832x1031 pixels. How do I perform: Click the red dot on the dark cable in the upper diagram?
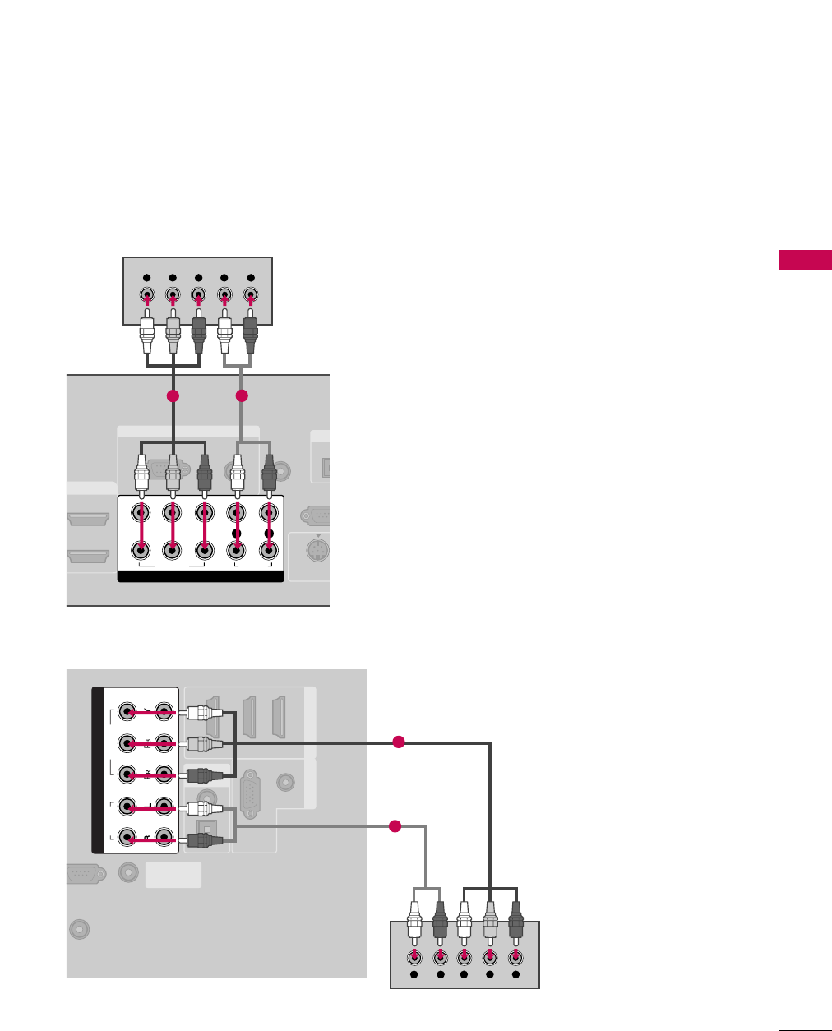coord(172,396)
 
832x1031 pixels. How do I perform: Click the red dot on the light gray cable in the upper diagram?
coord(241,396)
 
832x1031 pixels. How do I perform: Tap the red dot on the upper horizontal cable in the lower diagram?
coord(399,742)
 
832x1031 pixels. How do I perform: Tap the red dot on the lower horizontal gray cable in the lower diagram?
coord(394,825)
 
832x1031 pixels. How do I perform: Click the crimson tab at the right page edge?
coord(806,261)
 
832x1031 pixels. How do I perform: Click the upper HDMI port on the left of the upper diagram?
coord(87,519)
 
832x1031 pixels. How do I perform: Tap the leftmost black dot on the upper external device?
coord(146,278)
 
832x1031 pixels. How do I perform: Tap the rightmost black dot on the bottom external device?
coord(515,974)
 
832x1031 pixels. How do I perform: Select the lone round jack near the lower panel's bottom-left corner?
coord(78,929)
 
